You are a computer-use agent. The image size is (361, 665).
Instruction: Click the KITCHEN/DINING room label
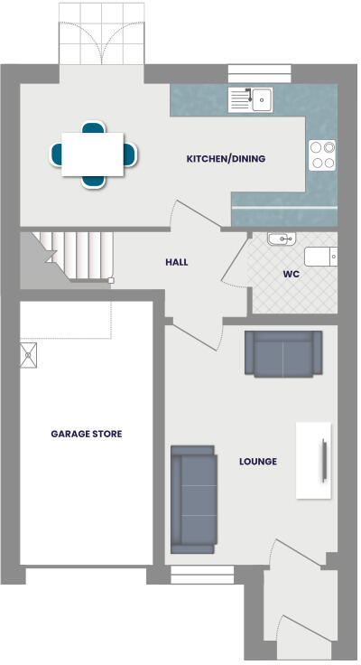[226, 159]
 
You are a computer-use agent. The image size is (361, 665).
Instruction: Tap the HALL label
[177, 262]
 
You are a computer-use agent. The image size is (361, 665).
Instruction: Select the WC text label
[291, 273]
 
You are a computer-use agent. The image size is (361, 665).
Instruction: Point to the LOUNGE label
[258, 462]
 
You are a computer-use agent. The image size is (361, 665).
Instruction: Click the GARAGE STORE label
[86, 434]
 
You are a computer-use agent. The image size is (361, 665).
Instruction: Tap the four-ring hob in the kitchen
[322, 155]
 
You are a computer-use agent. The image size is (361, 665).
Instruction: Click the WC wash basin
[281, 239]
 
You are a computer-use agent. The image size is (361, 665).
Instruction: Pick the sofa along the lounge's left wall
[193, 499]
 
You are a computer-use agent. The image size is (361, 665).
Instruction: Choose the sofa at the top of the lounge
[283, 353]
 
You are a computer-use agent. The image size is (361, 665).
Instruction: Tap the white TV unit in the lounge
[314, 459]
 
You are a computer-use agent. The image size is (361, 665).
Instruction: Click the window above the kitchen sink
[260, 73]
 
